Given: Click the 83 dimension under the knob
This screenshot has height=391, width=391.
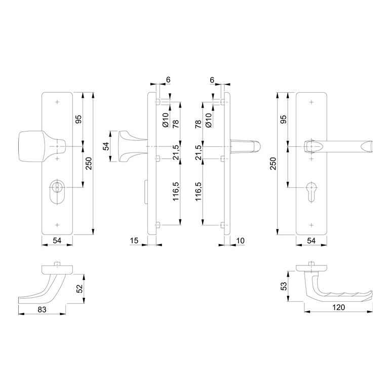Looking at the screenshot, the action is [42, 309].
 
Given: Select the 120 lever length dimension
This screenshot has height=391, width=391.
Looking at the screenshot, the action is [338, 307].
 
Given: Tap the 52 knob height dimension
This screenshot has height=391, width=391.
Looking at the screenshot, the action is [80, 289].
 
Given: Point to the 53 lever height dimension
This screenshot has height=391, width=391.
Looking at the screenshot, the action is [284, 286].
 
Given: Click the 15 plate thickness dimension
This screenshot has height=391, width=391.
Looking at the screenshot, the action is [134, 241].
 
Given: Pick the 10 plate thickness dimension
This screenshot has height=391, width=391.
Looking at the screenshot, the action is [240, 241].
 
